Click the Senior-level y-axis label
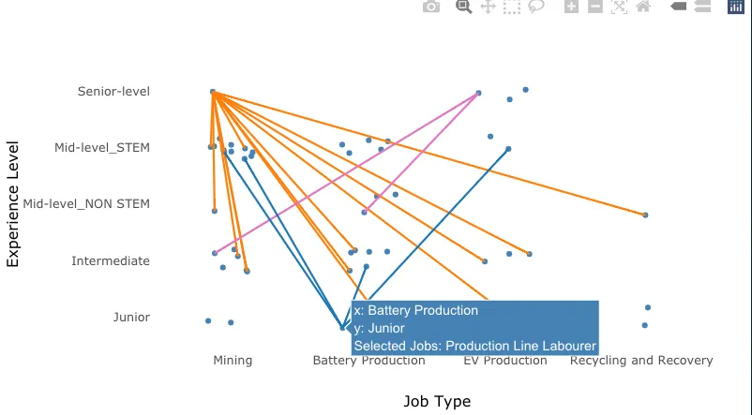[x=113, y=92]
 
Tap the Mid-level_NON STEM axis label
[x=86, y=204]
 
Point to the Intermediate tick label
[x=110, y=261]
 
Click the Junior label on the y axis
[x=131, y=318]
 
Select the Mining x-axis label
[x=233, y=361]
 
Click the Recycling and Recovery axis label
[x=641, y=361]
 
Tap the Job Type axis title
[x=437, y=402]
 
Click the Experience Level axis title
[x=13, y=204]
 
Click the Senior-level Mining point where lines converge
[x=213, y=92]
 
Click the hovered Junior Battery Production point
[x=342, y=328]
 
